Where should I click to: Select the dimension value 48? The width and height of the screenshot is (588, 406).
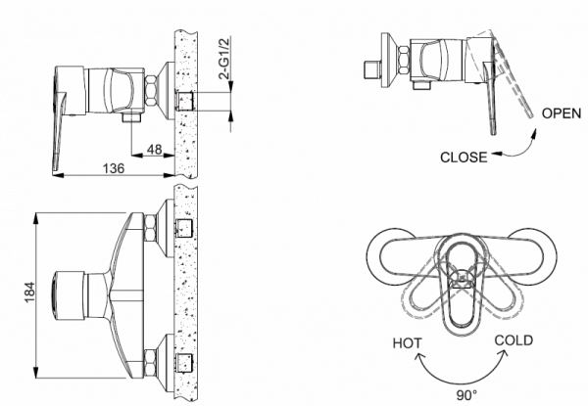[x=154, y=150]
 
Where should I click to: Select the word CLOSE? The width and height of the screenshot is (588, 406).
[x=465, y=156]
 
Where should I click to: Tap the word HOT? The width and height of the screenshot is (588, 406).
[x=408, y=343]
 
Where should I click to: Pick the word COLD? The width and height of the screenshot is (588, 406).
[x=514, y=339]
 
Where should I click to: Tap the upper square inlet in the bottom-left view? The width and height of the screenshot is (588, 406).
[x=183, y=228]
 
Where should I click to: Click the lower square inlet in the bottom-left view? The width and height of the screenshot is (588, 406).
[x=183, y=363]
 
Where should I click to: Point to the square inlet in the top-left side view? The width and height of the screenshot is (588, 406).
[x=183, y=100]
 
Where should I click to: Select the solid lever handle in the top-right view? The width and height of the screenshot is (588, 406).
[x=490, y=103]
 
